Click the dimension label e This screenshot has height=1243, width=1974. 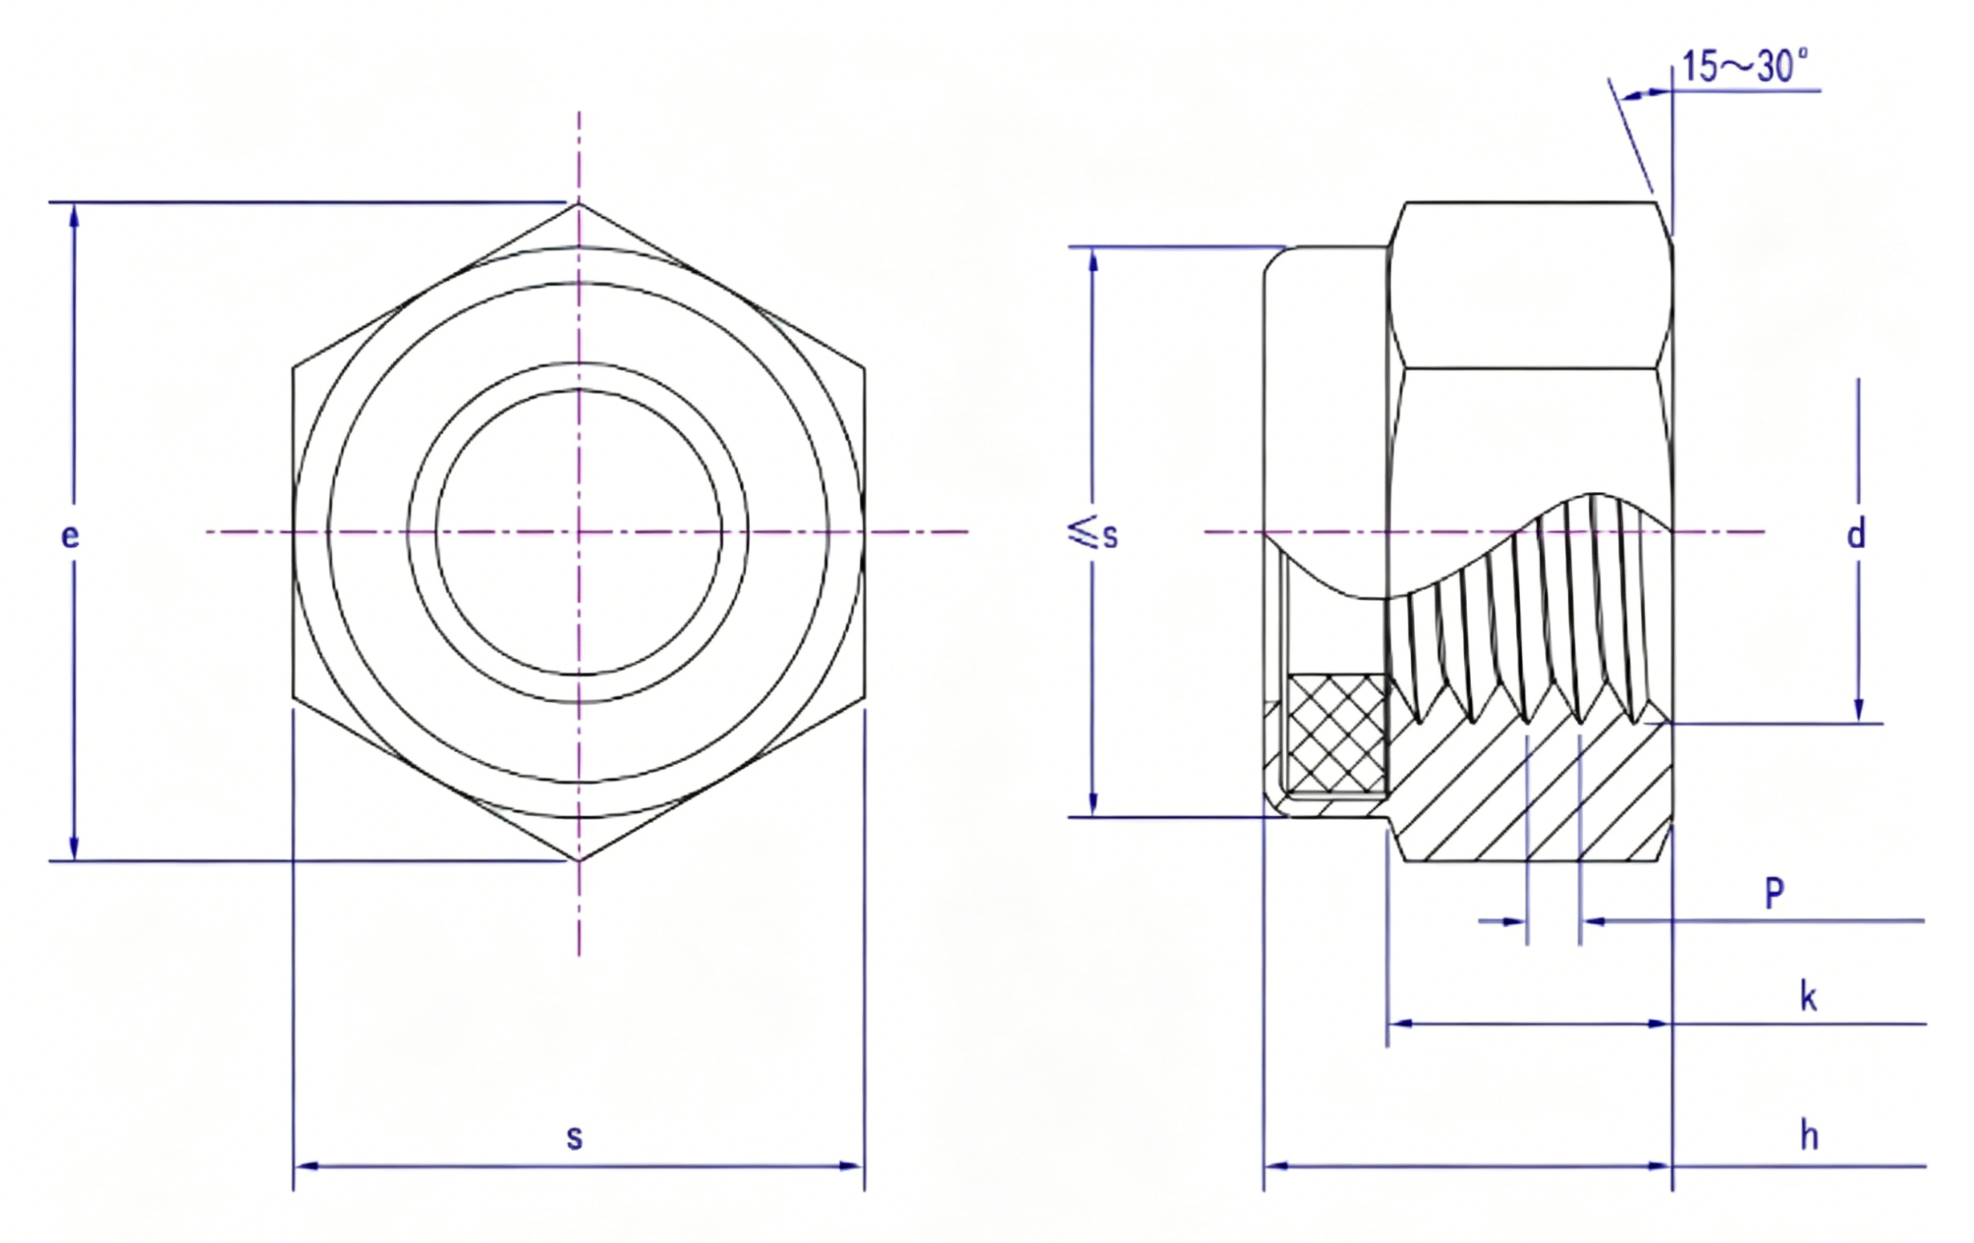click(x=71, y=535)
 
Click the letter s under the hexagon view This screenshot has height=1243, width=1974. click(x=574, y=1137)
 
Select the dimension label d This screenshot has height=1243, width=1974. click(x=1856, y=533)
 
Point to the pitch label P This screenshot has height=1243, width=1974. click(x=1774, y=893)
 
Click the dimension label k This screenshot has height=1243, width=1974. click(x=1809, y=997)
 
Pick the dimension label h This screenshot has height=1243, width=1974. click(x=1810, y=1135)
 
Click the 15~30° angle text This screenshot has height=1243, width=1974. click(x=1743, y=67)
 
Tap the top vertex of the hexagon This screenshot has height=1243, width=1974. click(x=579, y=202)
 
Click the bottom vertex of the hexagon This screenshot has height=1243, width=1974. click(x=579, y=861)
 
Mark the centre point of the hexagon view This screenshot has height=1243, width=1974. click(x=579, y=532)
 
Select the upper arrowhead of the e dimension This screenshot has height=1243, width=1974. click(x=75, y=217)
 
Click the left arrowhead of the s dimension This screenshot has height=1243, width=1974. click(x=306, y=1165)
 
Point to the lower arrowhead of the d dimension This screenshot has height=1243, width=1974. click(x=1858, y=710)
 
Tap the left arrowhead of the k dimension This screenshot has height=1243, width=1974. click(x=1400, y=1023)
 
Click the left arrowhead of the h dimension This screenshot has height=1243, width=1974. click(x=1277, y=1165)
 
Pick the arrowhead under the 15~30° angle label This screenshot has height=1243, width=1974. click(x=1636, y=96)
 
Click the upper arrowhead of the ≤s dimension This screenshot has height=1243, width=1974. click(x=1092, y=260)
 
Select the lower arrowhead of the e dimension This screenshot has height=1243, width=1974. click(x=75, y=847)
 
